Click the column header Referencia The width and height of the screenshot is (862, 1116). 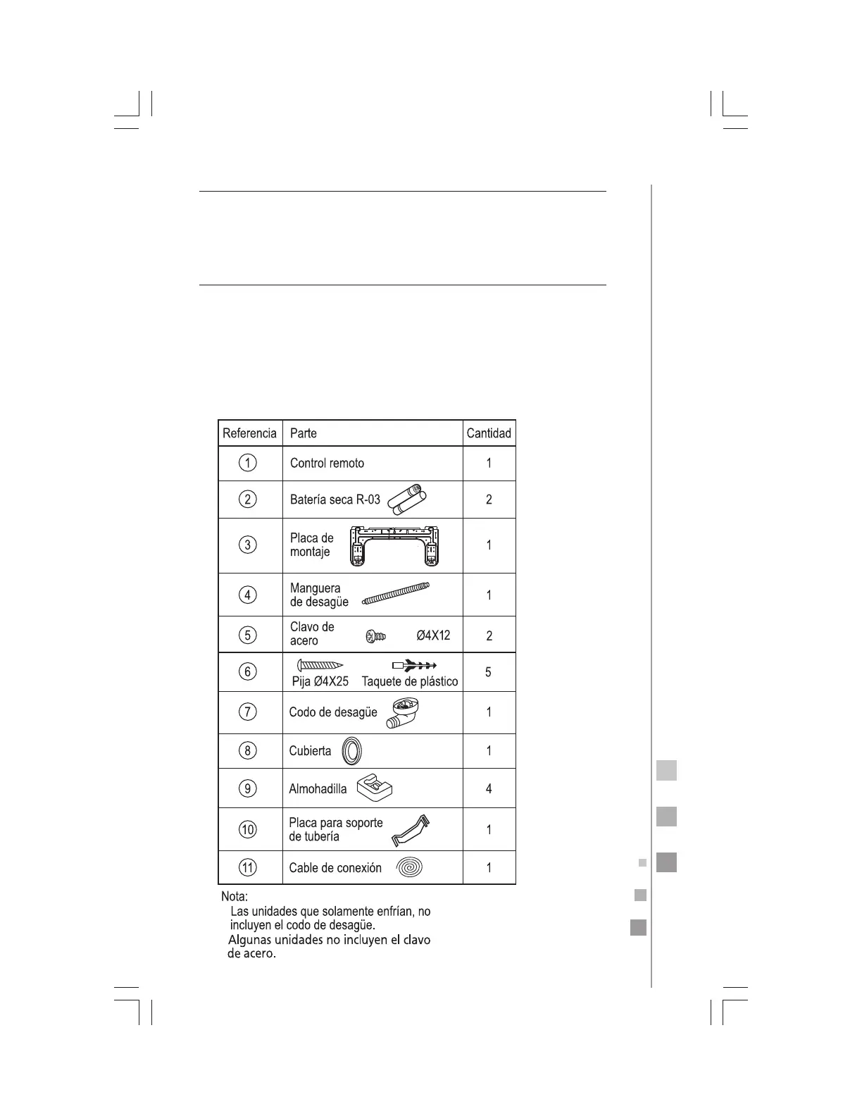click(249, 433)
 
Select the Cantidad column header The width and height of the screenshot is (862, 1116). click(489, 433)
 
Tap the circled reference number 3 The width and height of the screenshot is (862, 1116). click(248, 545)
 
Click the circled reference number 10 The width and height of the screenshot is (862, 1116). click(248, 829)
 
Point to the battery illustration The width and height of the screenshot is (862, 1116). click(408, 499)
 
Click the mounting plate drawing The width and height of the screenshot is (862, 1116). click(394, 546)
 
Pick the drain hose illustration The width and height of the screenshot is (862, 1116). click(395, 594)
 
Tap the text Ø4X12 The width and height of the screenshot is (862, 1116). click(433, 635)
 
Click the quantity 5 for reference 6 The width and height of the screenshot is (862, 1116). click(489, 672)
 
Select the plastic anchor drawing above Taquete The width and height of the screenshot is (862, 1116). click(414, 665)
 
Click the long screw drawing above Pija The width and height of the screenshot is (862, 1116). click(320, 665)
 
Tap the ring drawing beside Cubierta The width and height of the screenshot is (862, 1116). click(352, 751)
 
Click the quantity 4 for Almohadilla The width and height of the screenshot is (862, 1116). click(489, 789)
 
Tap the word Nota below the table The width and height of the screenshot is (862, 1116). click(235, 897)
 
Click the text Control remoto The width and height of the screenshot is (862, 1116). click(327, 464)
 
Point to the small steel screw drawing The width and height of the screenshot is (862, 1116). click(375, 637)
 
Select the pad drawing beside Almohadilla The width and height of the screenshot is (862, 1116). click(375, 788)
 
